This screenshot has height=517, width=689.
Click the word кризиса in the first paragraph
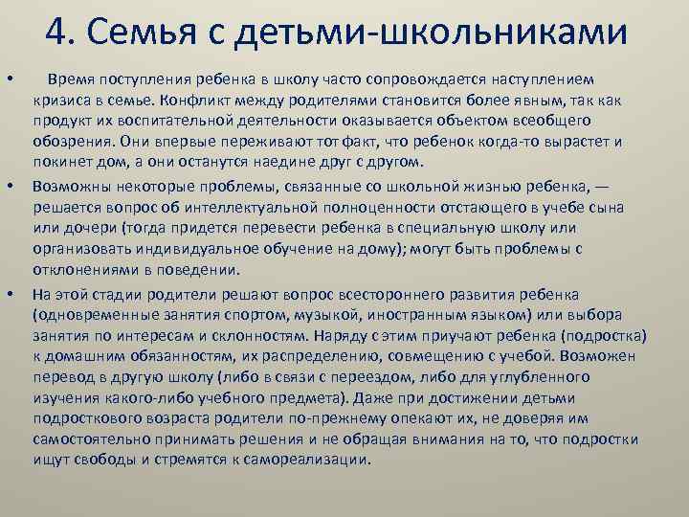point(60,98)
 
